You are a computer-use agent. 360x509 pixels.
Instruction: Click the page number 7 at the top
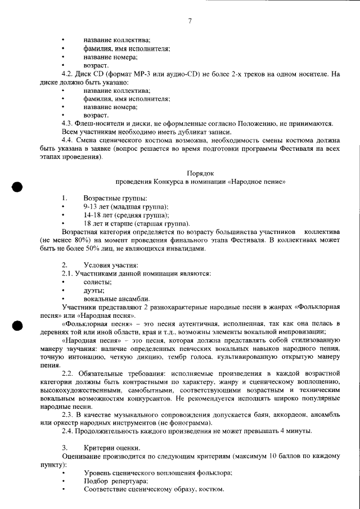pyautogui.click(x=190, y=22)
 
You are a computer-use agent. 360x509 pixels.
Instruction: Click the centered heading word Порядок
pyautogui.click(x=200, y=173)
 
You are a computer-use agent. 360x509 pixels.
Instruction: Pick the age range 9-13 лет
pyautogui.click(x=98, y=206)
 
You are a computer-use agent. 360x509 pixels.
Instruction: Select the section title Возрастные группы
pyautogui.click(x=115, y=198)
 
